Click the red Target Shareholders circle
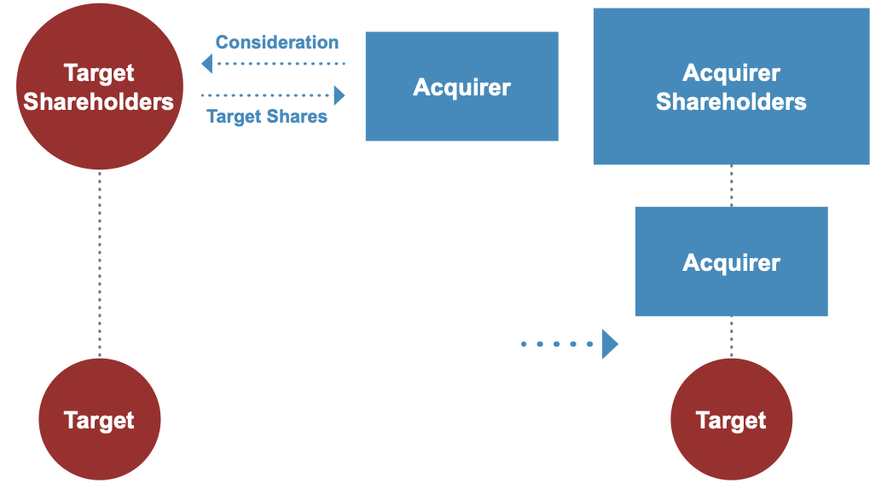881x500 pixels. (100, 86)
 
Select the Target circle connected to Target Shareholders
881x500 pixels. (100, 419)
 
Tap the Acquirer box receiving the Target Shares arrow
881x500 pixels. (462, 86)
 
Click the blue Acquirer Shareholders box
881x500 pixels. (732, 86)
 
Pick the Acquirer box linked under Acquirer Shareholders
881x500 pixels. (732, 261)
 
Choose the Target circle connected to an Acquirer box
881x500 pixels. (732, 419)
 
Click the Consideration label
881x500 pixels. (277, 42)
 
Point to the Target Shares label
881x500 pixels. (267, 116)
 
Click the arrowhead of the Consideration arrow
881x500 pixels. (206, 64)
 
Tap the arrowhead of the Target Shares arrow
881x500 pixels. (339, 95)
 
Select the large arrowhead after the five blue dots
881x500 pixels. (610, 344)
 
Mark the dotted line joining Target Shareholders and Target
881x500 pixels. (100, 264)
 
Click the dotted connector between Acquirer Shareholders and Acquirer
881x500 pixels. (732, 186)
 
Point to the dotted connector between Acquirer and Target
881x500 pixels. (732, 336)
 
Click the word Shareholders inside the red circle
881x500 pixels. (98, 102)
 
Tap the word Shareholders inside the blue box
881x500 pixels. (731, 102)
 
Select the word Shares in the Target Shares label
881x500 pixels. (298, 116)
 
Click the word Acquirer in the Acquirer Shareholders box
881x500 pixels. (732, 73)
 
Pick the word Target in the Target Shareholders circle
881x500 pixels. (99, 73)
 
